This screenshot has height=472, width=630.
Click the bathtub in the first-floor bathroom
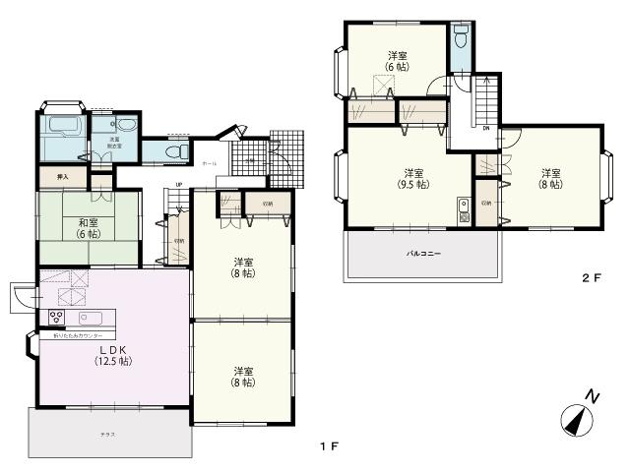[64, 127]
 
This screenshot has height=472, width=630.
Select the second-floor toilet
[460, 41]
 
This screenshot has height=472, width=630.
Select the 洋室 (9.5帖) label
[412, 178]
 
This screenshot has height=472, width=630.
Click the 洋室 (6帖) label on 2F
[397, 60]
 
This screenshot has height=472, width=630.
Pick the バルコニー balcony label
[423, 254]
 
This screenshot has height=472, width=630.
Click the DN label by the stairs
[485, 127]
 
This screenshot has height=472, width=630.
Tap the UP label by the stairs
[178, 185]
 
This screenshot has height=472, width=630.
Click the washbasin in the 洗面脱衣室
[125, 124]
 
